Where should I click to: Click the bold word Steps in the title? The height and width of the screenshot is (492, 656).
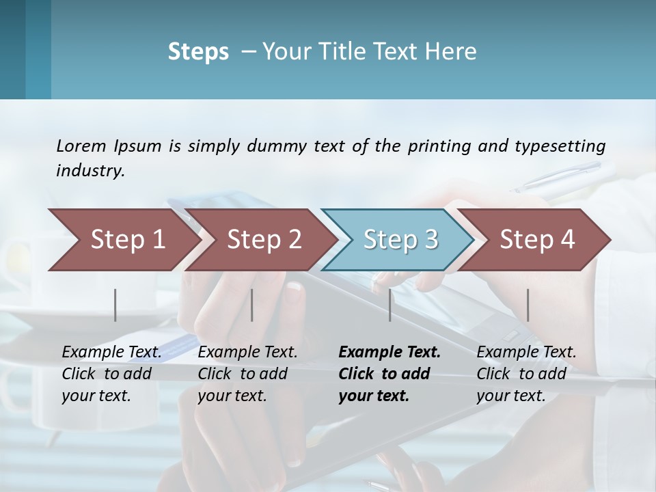pos(198,52)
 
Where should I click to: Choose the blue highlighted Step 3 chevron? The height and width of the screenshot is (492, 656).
pos(400,239)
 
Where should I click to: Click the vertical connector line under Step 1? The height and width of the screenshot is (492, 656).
pos(115,305)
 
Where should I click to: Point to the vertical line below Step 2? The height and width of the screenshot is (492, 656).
pos(252,305)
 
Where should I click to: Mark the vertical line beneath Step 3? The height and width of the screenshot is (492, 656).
pos(390,305)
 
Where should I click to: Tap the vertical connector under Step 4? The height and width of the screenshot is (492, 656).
pos(528,305)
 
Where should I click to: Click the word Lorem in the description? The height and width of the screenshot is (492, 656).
pos(81,146)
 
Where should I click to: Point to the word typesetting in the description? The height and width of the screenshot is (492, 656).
pos(560,146)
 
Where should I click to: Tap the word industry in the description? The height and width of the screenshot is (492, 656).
pos(90,171)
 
